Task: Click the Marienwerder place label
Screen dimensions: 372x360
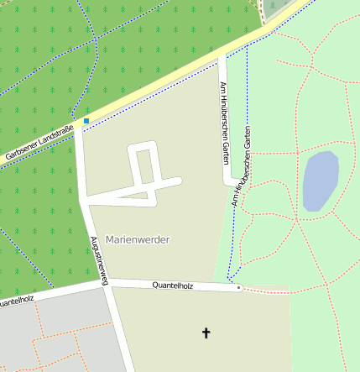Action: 138,239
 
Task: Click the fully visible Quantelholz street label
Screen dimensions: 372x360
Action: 173,286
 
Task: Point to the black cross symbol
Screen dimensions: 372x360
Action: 206,333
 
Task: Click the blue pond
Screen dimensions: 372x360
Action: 320,181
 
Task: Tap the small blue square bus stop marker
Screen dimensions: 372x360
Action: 86,121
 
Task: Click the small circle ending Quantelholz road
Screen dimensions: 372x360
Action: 238,288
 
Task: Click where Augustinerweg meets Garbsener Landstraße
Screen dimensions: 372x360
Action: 78,128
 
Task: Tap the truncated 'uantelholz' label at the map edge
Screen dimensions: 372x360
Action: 16,300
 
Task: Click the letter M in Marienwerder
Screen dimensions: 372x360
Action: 110,239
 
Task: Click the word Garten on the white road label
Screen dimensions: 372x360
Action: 225,150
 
